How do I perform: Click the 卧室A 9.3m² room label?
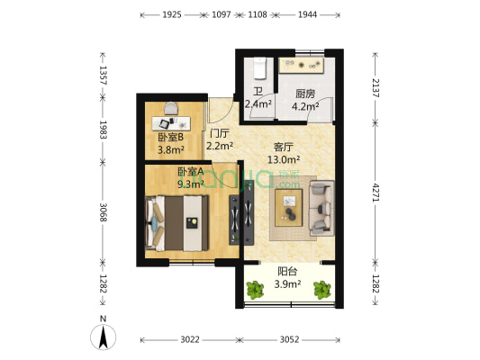coord(190,177)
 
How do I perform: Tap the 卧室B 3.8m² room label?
coord(170,144)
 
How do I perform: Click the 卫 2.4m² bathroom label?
coord(258,97)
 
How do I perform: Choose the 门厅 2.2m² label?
coord(220,139)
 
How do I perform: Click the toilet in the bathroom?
coord(258,68)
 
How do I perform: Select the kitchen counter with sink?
coord(302,66)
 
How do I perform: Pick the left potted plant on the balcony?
coord(254,290)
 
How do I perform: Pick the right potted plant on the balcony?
coord(321,290)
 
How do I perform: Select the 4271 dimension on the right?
coord(375,192)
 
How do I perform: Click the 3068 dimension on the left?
coord(104,212)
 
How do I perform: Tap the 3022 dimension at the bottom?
coord(189,339)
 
